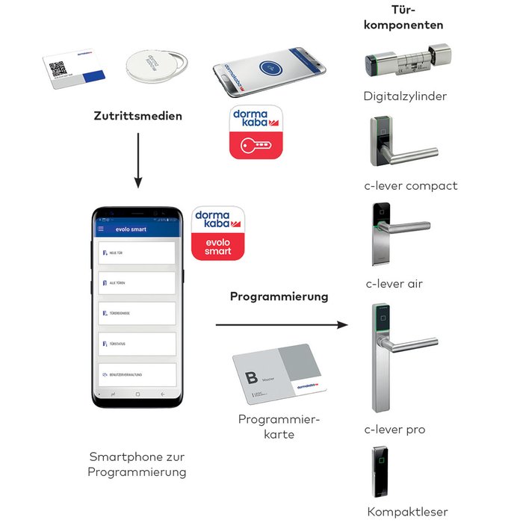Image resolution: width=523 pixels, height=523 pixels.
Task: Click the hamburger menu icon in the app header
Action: tap(101, 229)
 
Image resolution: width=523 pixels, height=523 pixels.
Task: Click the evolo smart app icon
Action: tap(218, 232)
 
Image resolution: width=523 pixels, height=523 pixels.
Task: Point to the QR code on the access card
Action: tap(58, 68)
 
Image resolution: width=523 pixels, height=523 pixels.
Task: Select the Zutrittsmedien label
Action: tap(137, 116)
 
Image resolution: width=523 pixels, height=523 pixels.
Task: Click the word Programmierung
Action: tap(279, 297)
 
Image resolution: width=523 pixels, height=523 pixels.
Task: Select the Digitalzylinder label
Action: tap(405, 96)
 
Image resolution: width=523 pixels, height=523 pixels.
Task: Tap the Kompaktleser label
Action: tap(407, 512)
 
